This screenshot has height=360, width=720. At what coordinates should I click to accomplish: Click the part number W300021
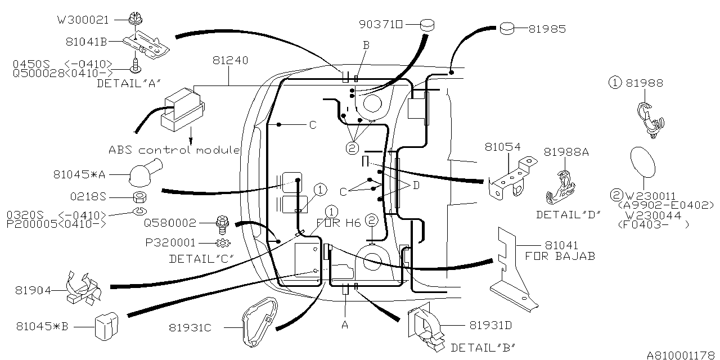[82, 20]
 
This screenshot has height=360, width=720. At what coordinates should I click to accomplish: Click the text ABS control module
[174, 150]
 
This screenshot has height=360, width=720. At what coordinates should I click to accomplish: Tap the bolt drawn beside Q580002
[222, 224]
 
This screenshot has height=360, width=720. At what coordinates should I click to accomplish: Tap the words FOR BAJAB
[560, 256]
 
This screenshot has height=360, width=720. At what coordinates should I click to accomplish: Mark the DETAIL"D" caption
[568, 214]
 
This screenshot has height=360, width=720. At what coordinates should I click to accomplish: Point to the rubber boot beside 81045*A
[145, 172]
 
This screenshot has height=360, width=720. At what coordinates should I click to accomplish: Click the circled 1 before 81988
[615, 83]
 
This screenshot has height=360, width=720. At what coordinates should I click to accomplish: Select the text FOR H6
[344, 223]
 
